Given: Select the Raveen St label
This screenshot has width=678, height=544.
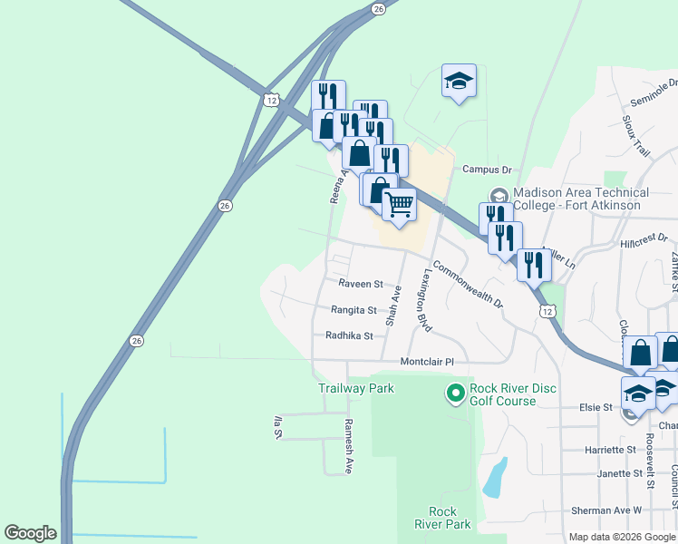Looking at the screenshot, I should pos(361,284).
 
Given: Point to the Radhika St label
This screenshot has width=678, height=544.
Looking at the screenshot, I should pos(349,335).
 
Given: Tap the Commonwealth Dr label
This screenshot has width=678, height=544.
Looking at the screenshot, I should pos(467,286).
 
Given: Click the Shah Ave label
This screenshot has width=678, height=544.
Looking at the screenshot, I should pos(393,306).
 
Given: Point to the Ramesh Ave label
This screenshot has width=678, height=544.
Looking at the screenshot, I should pos(347,446).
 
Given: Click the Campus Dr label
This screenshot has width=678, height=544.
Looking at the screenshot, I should pos(487,170).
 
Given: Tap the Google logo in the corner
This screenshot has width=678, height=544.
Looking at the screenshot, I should pos(30,534).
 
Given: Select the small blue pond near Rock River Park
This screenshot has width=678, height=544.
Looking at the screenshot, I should pos(494,477).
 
